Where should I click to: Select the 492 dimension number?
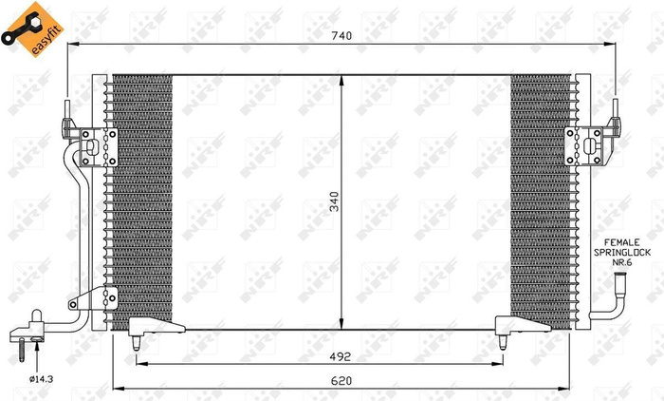pos(342,356)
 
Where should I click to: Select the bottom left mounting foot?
pos(152,329)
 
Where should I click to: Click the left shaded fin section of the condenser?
pos(142,200)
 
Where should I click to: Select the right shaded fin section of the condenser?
pos(541,200)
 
